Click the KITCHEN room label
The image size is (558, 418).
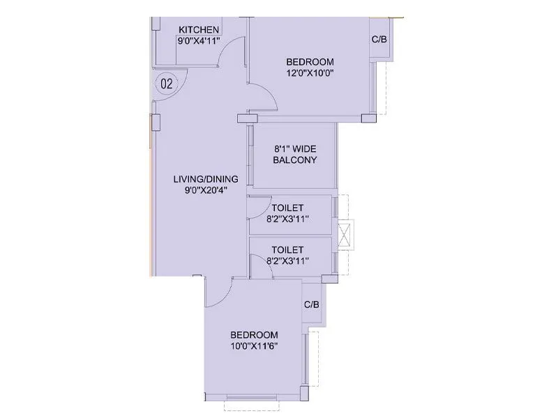[199, 29]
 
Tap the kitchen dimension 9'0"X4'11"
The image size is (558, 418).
[199, 41]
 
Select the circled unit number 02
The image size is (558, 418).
[167, 84]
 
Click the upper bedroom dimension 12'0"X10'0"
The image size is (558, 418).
[310, 73]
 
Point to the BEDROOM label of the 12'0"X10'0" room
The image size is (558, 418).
[310, 61]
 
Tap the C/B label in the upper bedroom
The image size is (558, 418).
[379, 40]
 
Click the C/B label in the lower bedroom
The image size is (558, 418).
[312, 305]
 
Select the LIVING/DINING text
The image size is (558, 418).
[201, 179]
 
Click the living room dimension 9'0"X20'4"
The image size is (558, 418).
[201, 190]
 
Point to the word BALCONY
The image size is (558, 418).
[295, 160]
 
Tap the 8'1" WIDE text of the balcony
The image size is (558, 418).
[295, 148]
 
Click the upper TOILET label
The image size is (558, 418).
[287, 207]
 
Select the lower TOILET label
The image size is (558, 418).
[287, 249]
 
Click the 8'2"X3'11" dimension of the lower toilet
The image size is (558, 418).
[287, 261]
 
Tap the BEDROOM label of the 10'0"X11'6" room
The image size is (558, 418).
[255, 334]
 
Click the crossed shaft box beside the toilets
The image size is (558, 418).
[345, 234]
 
